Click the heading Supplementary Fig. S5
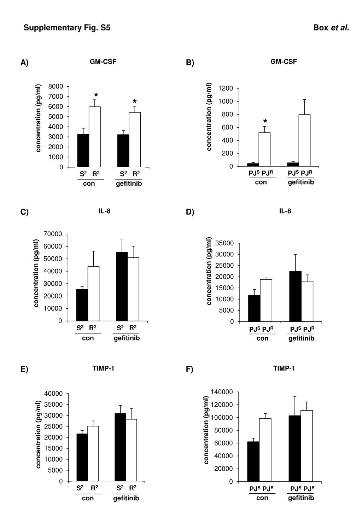tap(67, 28)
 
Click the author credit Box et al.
tap(331, 28)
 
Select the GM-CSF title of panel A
tap(103, 62)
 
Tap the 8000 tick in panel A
tap(56, 86)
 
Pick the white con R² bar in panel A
tap(94, 137)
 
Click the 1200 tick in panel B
tap(226, 88)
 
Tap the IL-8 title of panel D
tap(285, 211)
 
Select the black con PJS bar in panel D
tap(254, 308)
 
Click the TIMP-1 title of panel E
tap(103, 368)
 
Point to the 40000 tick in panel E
tap(54, 394)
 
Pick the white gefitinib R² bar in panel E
tap(131, 450)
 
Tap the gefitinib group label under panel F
tap(301, 498)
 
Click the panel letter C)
tap(24, 212)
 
